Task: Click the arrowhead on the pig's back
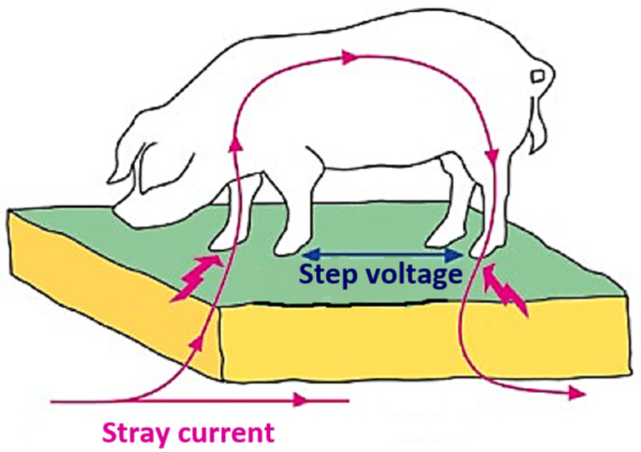(x=348, y=57)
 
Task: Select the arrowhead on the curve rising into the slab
(x=197, y=344)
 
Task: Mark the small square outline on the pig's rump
(x=538, y=76)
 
